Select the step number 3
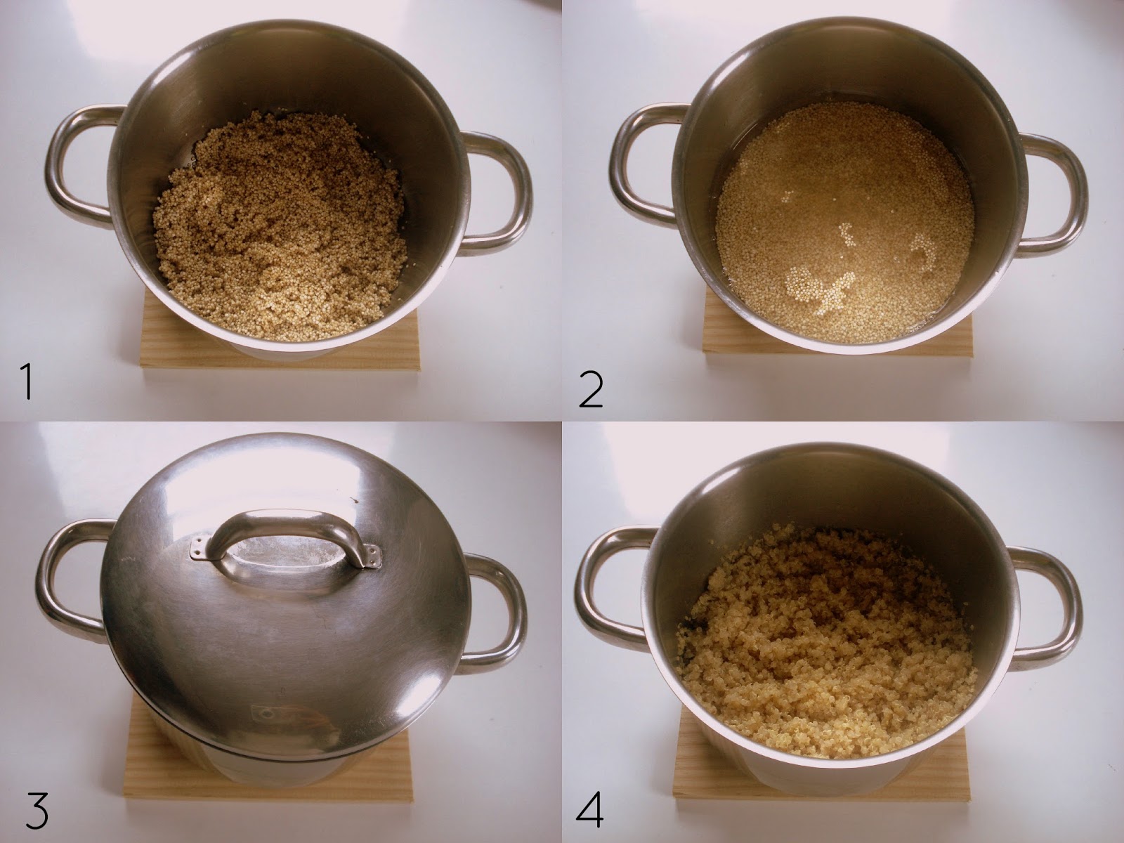point(36,812)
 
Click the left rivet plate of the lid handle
point(201,547)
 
